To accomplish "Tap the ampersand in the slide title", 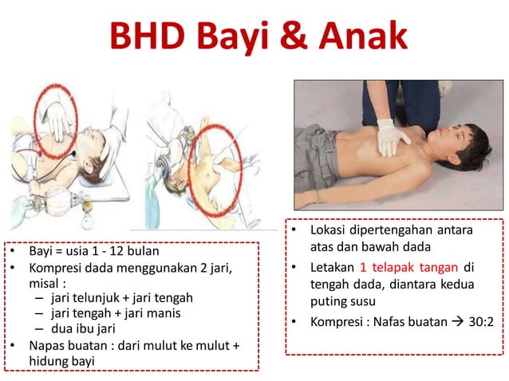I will tap(286, 37).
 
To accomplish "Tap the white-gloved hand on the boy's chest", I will tap(393, 136).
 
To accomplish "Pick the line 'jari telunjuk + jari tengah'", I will tap(121, 297).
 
